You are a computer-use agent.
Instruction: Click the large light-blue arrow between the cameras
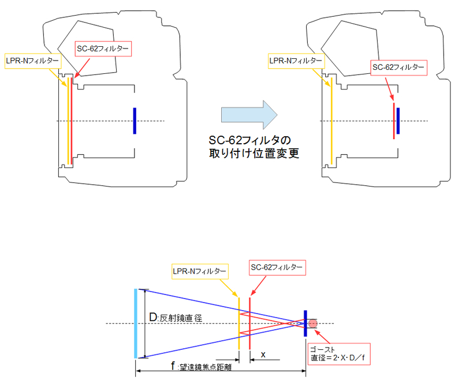coord(249,114)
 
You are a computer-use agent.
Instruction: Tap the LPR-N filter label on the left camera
coord(33,61)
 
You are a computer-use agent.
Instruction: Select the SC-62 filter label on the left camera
coord(103,48)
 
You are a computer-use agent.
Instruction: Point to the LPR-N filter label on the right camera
coord(296,61)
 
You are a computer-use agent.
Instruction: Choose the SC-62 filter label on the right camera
coord(398,68)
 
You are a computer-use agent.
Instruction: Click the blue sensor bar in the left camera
coord(135,121)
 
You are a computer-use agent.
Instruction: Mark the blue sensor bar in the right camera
coord(398,121)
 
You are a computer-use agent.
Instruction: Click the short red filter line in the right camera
coord(394,121)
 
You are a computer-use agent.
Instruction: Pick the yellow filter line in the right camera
coord(331,121)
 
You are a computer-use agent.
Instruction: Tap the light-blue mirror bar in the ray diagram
coord(136,323)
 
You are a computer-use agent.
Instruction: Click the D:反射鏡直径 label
coord(176,318)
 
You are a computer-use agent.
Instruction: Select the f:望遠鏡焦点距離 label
coord(201,366)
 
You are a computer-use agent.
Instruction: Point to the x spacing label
coord(263,355)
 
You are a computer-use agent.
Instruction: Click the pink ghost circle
coord(312,323)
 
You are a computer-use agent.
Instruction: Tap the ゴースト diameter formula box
coord(339,354)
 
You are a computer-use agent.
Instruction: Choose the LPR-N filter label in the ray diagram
coord(200,271)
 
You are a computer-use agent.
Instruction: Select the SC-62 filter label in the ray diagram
coord(277,267)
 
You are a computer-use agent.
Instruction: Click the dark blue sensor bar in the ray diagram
coord(305,323)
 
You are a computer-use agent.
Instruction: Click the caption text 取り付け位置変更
coord(254,153)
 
